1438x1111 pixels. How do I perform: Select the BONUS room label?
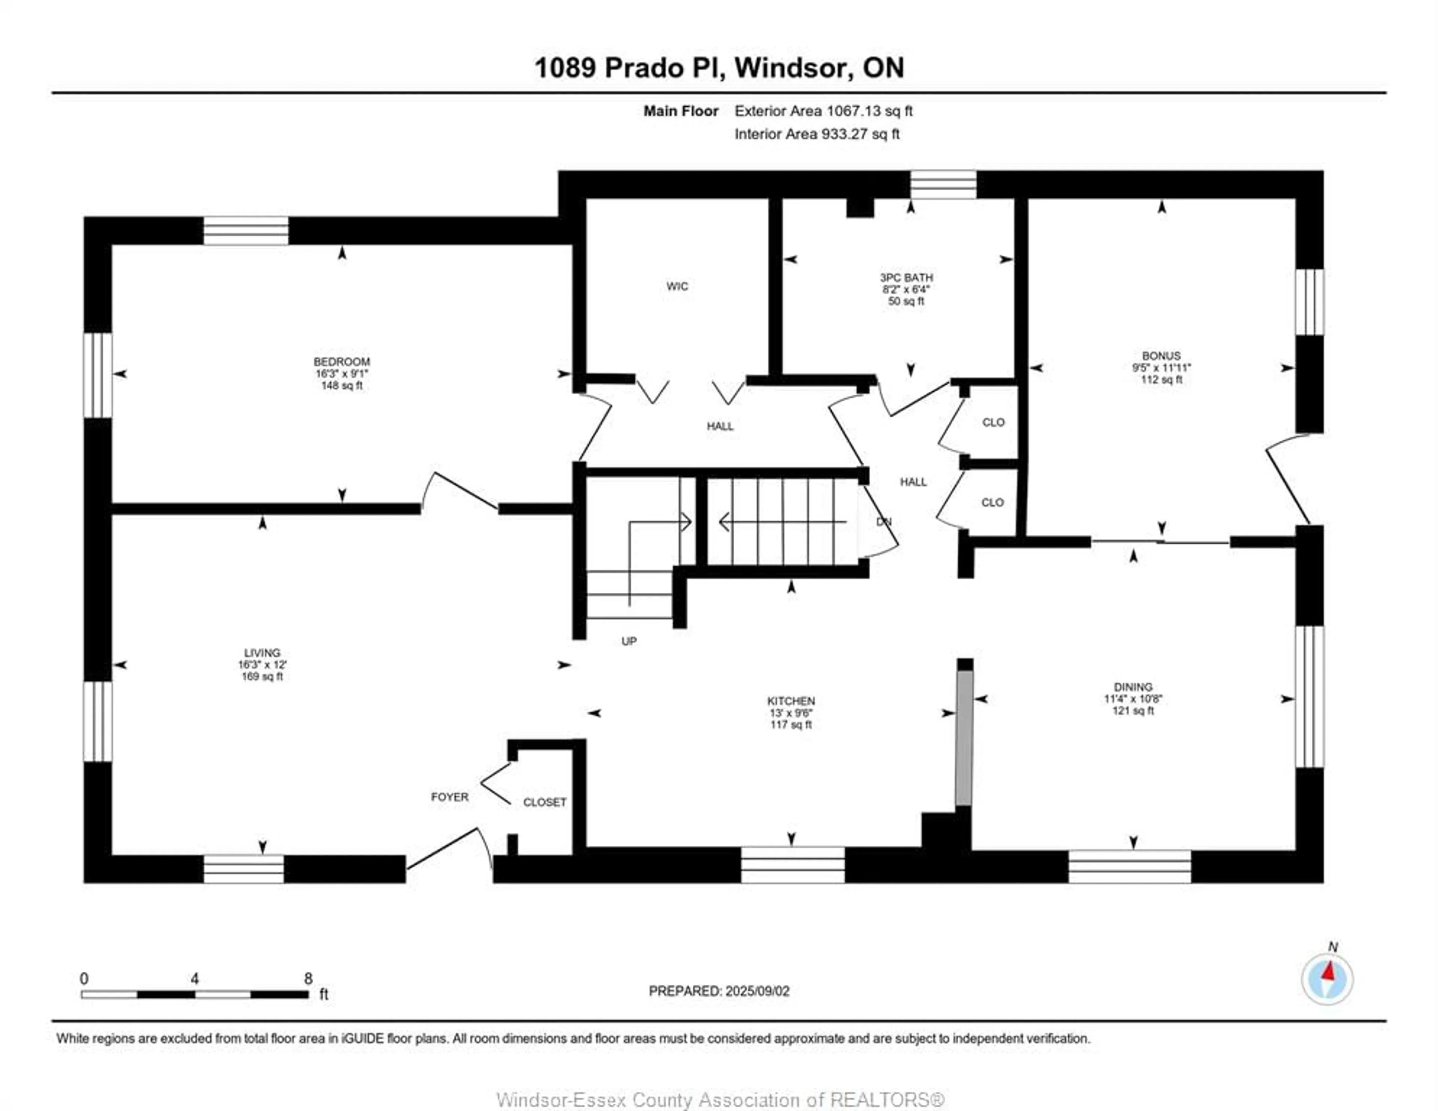1162,356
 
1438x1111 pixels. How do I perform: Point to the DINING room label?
1133,687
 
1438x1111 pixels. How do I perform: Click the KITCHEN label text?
791,701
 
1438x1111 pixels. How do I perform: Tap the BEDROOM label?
342,362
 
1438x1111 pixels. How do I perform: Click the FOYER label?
450,797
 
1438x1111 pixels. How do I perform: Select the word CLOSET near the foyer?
544,802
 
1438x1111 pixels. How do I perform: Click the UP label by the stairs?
629,641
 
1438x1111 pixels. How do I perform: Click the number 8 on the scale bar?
308,978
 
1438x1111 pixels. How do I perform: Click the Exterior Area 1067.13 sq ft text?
824,111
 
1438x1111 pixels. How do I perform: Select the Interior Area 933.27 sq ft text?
817,134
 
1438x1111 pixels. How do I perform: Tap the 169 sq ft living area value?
262,676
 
